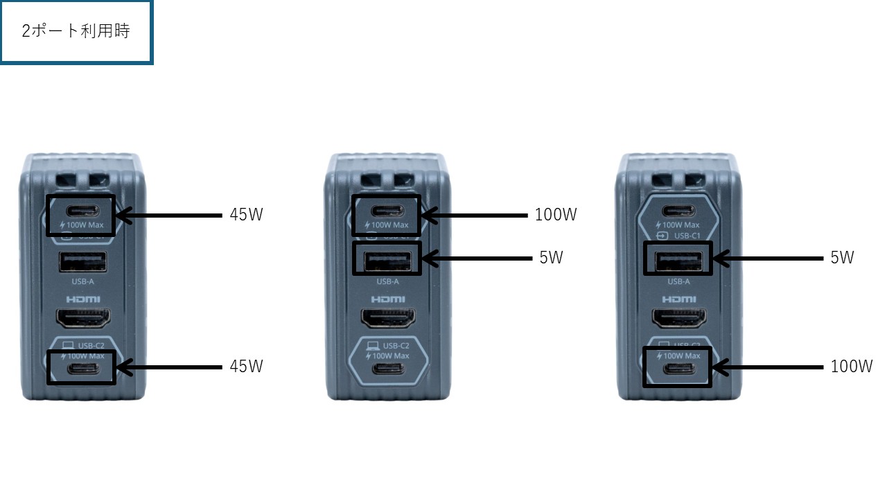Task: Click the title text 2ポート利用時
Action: click(x=76, y=32)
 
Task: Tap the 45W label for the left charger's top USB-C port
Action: click(x=246, y=215)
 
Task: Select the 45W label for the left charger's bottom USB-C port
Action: click(x=246, y=366)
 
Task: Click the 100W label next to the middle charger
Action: click(x=555, y=215)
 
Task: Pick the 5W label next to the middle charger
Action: click(x=551, y=258)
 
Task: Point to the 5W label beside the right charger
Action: click(x=842, y=258)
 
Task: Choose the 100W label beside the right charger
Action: click(x=852, y=366)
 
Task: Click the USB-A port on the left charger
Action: click(x=82, y=262)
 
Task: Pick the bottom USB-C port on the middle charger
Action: click(x=387, y=368)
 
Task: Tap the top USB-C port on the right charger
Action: click(x=678, y=211)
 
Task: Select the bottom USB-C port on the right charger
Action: click(x=678, y=368)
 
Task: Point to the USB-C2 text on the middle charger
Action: click(x=394, y=344)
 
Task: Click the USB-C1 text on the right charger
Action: click(x=687, y=236)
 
